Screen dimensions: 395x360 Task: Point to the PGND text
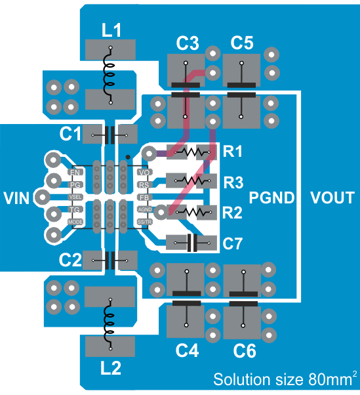click(272, 197)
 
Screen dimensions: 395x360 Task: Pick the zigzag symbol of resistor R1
click(191, 152)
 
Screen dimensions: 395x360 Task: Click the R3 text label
click(233, 181)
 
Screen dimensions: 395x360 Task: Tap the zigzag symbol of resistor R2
click(191, 212)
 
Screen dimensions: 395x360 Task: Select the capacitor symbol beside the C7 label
click(191, 243)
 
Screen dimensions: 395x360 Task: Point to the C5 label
click(242, 44)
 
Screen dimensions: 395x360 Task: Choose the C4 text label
click(187, 352)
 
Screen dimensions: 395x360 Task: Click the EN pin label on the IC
click(75, 172)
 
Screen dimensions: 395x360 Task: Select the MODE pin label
click(75, 222)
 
